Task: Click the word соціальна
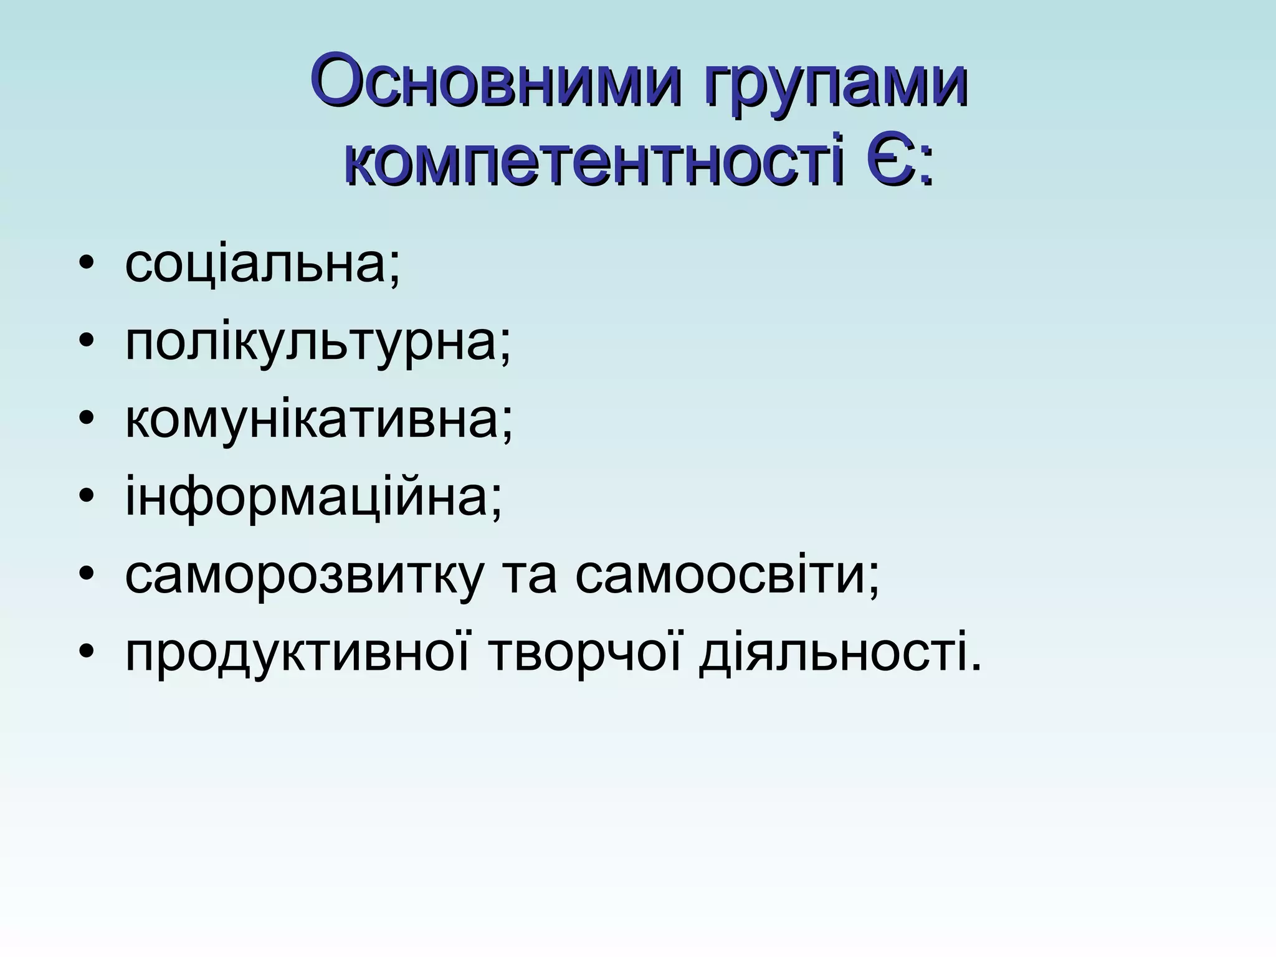pyautogui.click(x=257, y=264)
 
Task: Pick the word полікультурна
pyautogui.click(x=312, y=343)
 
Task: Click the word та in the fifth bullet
pyautogui.click(x=529, y=576)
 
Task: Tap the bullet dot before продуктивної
pyautogui.click(x=87, y=655)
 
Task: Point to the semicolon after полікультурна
pyautogui.click(x=504, y=350)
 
